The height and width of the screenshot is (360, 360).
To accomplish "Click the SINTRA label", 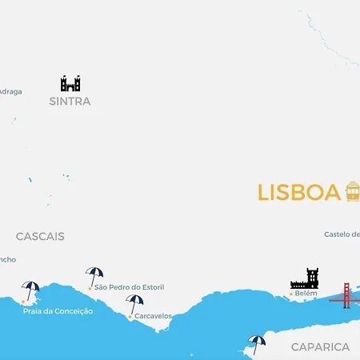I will coord(70,102).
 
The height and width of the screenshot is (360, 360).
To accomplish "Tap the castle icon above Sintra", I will coord(70,83).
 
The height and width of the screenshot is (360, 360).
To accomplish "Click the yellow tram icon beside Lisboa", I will coord(352,191).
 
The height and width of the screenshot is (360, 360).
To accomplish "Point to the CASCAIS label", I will coord(40,237).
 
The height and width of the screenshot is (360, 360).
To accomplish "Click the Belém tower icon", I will coord(305,278).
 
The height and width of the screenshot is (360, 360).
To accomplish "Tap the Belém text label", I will coord(306,294).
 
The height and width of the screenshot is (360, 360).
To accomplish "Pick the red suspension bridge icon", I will coord(346,295).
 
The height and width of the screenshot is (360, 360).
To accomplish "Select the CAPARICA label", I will coord(320,347).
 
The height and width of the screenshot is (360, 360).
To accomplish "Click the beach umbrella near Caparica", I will coord(256,342).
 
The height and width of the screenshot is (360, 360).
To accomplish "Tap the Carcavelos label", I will coord(154,316).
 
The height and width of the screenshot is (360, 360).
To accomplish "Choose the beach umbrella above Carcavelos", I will coord(134,303).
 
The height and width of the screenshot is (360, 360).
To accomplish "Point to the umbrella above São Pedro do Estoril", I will coord(94,275).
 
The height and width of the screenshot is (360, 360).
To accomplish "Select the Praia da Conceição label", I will coord(58,311).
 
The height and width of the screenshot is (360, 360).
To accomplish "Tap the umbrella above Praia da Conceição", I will coord(31,289).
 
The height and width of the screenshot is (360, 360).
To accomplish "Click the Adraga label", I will coord(10,91).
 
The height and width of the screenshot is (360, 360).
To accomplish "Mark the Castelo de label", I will coord(342,234).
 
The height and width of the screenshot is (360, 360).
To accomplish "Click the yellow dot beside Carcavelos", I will coord(130,317).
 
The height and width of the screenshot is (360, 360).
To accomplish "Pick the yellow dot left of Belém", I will coord(291,294).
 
